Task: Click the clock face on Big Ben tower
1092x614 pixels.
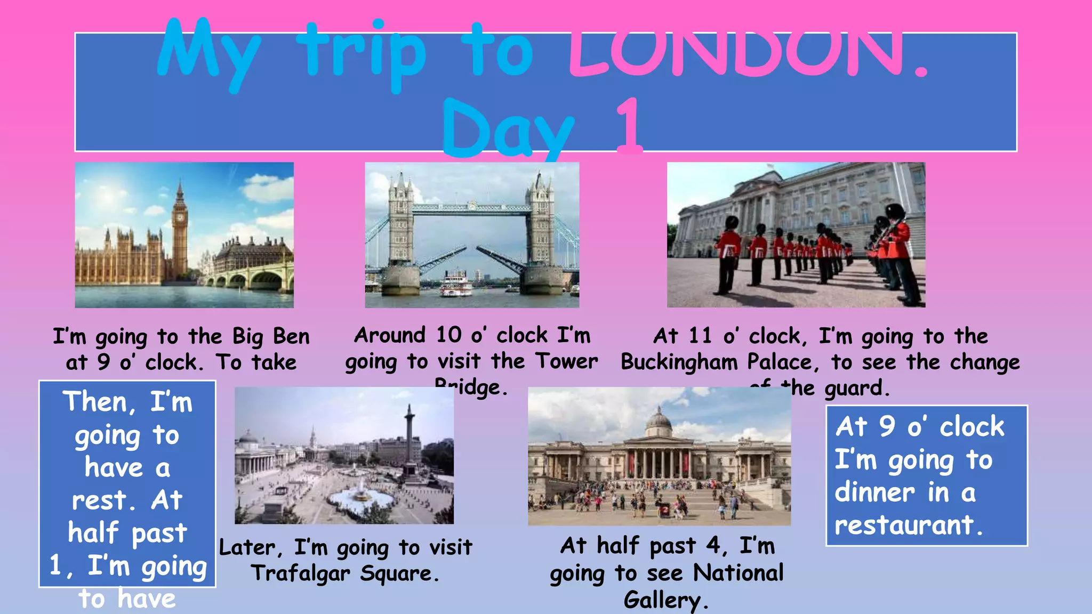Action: click(180, 217)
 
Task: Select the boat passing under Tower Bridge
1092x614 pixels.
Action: click(456, 283)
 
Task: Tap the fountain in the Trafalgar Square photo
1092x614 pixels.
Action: click(361, 496)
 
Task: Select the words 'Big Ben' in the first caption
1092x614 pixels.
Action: click(271, 337)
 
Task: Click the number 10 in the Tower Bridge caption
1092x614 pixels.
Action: click(448, 335)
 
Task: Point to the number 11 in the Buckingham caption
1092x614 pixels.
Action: click(700, 336)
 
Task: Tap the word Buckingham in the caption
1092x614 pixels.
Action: click(679, 362)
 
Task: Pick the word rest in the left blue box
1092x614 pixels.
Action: click(99, 500)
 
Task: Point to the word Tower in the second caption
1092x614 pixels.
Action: click(567, 361)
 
